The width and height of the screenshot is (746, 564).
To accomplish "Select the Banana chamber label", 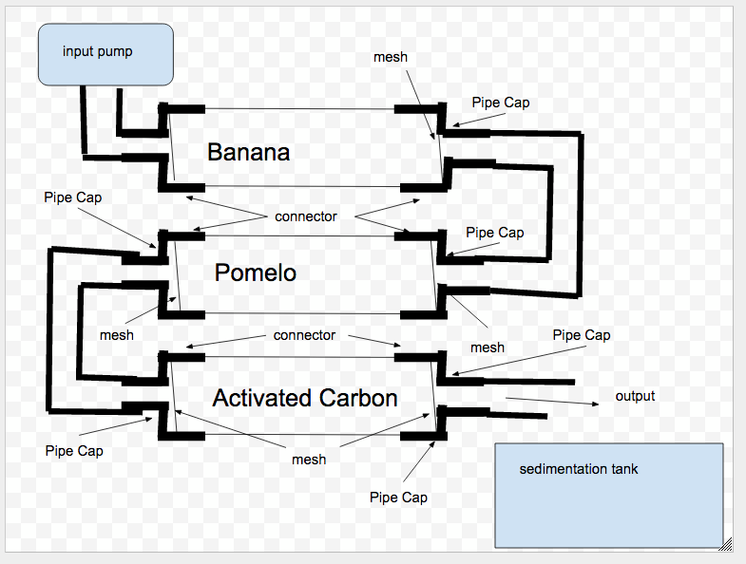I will (248, 152).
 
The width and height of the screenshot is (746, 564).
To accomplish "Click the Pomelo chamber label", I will (256, 273).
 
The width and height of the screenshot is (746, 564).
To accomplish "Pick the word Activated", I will (258, 398).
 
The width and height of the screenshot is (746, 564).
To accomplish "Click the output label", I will (635, 396).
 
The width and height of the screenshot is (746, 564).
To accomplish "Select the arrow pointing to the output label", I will (551, 401).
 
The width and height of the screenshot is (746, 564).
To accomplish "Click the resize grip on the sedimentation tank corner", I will (726, 544).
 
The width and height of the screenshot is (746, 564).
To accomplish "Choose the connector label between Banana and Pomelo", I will (306, 216).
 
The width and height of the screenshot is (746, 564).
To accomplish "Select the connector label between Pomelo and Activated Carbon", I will (304, 335).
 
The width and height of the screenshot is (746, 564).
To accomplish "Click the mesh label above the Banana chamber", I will (391, 57).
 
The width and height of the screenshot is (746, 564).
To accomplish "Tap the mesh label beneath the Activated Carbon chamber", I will (309, 460).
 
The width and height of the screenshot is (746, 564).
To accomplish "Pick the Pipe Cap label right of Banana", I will (501, 103).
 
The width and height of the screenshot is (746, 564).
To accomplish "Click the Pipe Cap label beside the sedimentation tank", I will (398, 498).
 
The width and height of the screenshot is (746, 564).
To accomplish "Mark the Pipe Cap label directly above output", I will (582, 335).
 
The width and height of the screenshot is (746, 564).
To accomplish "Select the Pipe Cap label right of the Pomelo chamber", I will (495, 233).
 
